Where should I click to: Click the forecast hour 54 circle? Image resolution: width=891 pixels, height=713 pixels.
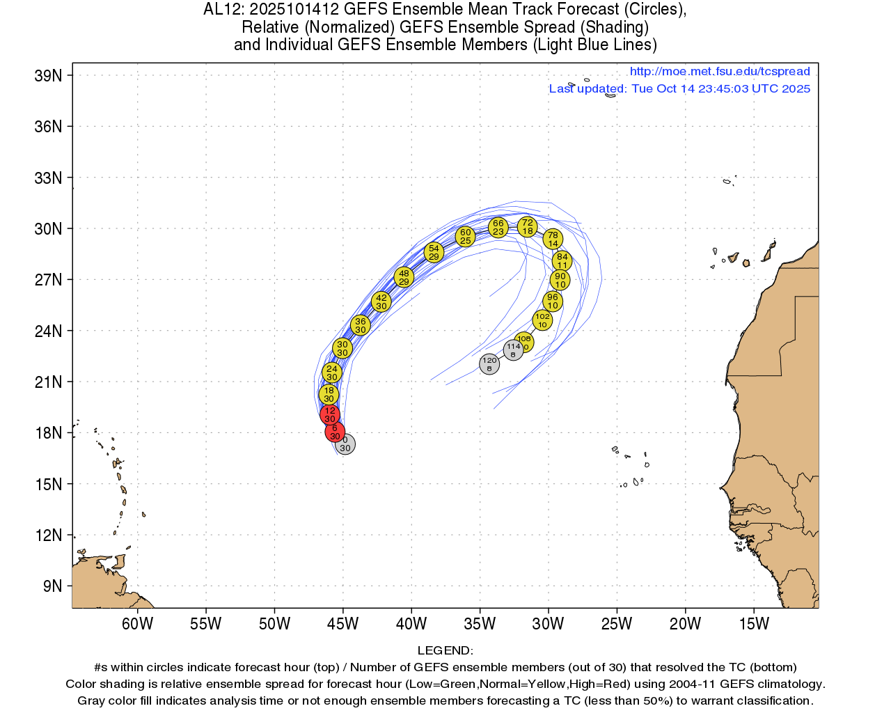(x=434, y=252)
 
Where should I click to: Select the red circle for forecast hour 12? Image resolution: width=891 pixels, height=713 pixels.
(x=329, y=415)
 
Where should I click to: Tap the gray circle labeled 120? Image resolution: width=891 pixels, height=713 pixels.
(x=489, y=364)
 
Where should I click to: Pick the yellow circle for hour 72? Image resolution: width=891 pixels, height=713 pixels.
(x=527, y=227)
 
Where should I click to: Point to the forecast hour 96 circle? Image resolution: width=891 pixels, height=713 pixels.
(x=552, y=301)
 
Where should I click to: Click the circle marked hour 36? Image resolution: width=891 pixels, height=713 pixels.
(x=360, y=325)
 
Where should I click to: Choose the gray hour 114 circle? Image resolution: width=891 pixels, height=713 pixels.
(x=513, y=350)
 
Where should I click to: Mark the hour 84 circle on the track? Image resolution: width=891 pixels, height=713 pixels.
(x=562, y=261)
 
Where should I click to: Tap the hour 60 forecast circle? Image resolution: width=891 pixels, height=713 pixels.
(x=466, y=237)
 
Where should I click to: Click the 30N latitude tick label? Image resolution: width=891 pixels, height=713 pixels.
(x=48, y=229)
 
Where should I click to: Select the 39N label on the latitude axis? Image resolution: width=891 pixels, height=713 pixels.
(x=48, y=76)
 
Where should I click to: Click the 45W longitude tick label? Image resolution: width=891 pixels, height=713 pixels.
(x=342, y=624)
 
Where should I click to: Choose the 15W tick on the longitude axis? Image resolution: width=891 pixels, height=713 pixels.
(x=753, y=624)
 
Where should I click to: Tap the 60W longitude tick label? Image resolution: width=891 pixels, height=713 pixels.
(x=137, y=624)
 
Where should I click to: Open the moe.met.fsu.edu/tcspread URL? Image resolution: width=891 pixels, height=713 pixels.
(x=720, y=72)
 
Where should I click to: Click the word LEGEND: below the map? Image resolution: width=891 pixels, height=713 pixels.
(x=445, y=651)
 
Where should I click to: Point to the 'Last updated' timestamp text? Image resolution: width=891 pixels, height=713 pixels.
(x=679, y=89)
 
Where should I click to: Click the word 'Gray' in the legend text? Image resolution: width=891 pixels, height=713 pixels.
(x=92, y=701)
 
